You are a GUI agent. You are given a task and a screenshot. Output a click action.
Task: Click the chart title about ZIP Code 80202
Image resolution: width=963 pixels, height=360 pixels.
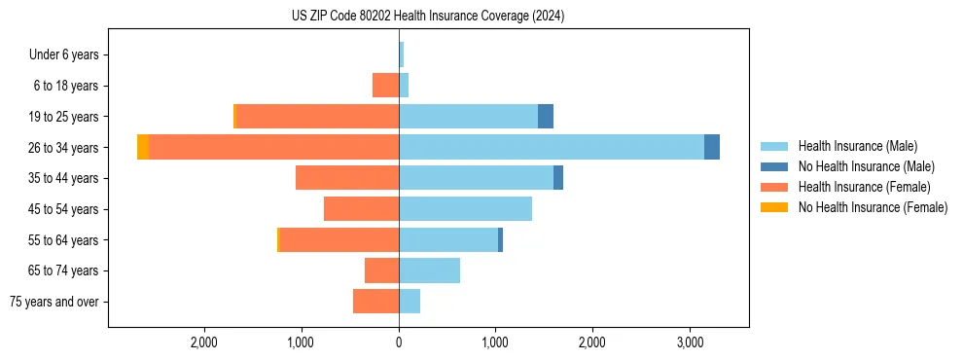point(428,17)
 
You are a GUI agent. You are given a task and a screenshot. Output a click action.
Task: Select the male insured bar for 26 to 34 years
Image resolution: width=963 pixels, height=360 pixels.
point(551,147)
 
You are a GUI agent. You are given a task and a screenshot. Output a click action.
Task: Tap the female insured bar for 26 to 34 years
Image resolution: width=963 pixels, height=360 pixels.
point(273,147)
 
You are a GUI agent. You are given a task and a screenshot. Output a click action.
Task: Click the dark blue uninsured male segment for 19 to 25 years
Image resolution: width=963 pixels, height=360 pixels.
point(546,117)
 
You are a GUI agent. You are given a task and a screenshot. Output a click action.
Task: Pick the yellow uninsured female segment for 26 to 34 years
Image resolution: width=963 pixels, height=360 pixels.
point(143,147)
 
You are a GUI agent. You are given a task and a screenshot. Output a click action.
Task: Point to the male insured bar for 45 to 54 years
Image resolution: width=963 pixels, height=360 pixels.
point(465,209)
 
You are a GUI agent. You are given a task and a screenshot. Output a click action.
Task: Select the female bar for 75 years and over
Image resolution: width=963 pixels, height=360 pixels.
point(375,302)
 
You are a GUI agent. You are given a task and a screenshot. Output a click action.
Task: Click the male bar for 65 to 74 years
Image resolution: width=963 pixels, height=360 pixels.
point(429,270)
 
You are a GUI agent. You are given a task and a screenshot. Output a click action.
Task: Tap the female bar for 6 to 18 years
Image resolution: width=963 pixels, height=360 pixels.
point(385,86)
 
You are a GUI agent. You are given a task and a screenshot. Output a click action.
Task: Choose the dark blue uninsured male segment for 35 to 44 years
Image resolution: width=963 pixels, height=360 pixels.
point(558,178)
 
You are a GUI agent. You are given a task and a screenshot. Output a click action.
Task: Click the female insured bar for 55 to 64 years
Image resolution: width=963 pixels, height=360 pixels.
point(339,239)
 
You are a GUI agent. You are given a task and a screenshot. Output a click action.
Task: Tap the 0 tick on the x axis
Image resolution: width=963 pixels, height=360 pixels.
point(399,342)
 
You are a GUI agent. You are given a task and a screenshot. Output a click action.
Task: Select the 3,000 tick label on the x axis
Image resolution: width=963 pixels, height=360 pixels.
point(689,342)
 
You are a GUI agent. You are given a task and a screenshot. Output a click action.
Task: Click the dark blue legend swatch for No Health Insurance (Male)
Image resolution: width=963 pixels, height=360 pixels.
point(774,166)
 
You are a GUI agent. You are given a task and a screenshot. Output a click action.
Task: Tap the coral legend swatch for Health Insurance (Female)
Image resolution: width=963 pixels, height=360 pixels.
point(774,187)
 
